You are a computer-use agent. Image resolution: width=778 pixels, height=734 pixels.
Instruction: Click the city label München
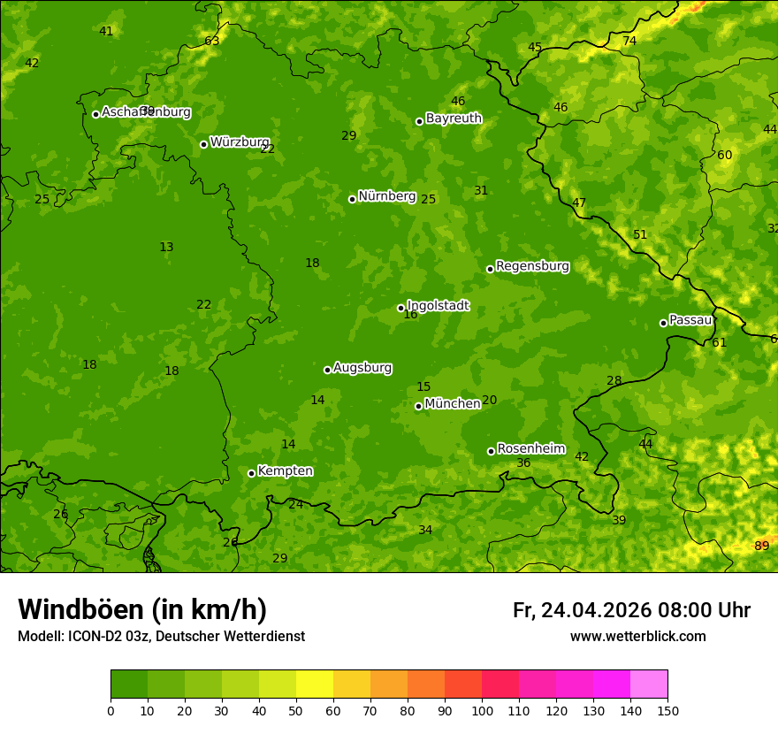(x=453, y=403)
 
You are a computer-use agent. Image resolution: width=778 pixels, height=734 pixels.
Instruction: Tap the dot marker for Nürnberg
(x=352, y=199)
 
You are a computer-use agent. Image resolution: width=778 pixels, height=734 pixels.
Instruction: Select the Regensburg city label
(x=532, y=266)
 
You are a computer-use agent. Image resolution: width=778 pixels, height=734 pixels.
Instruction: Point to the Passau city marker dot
(x=663, y=323)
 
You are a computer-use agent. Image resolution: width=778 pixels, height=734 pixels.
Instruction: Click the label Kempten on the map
(x=285, y=470)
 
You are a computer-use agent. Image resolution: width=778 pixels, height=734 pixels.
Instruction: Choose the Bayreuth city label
(x=454, y=118)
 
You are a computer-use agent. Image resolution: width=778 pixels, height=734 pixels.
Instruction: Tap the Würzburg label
(x=240, y=141)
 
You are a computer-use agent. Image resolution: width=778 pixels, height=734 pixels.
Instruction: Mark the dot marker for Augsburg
(x=327, y=370)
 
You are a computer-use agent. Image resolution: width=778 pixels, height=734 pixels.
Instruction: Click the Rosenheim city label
(x=530, y=448)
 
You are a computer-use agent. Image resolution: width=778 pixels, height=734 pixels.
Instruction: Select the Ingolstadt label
(x=438, y=305)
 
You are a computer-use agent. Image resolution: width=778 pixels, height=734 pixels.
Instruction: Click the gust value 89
(x=761, y=546)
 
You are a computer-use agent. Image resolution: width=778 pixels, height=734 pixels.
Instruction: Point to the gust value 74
(x=629, y=41)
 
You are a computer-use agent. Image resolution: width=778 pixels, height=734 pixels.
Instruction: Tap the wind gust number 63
(x=212, y=41)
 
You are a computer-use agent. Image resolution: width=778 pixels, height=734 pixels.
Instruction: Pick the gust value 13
(x=166, y=247)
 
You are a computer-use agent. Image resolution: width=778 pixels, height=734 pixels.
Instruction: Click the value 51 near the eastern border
(x=640, y=234)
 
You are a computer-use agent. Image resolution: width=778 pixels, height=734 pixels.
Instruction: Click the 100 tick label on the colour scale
(x=482, y=710)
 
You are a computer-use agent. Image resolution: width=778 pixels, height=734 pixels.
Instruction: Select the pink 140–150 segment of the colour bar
(x=649, y=684)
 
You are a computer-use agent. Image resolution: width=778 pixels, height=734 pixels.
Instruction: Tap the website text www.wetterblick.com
(x=637, y=636)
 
